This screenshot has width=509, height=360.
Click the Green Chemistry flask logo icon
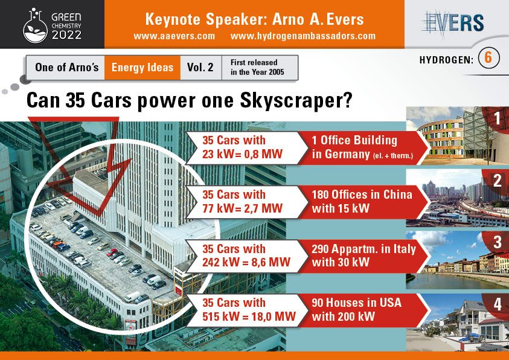tap(36, 26)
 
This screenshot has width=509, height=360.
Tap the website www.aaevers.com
tap(174, 36)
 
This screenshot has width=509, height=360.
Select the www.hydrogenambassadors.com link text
tap(303, 36)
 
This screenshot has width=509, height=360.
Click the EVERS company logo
tap(453, 22)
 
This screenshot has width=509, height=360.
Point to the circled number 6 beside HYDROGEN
tap(488, 58)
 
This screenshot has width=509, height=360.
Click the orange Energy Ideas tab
tap(142, 68)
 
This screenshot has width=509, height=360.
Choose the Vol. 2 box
tap(200, 68)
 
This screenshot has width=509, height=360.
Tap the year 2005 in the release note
tap(276, 72)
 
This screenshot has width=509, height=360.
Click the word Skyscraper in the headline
tap(296, 101)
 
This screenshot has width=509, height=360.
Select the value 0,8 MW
tap(263, 154)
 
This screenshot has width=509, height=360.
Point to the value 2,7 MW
tap(263, 208)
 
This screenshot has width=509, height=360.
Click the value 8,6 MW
tap(271, 262)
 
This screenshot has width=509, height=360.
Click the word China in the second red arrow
tap(398, 194)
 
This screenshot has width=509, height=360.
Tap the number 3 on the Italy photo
tap(498, 242)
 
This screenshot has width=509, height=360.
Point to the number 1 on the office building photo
tap(498, 118)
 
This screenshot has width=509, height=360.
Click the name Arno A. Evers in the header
tap(318, 19)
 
